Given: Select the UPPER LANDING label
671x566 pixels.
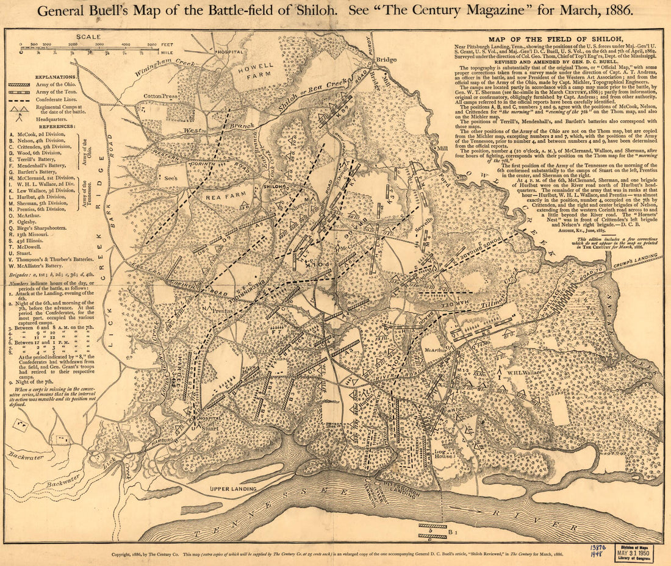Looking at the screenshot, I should [x=232, y=489].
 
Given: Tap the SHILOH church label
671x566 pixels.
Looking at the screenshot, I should [x=273, y=187].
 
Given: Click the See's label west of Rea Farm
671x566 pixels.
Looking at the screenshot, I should [x=170, y=189].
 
